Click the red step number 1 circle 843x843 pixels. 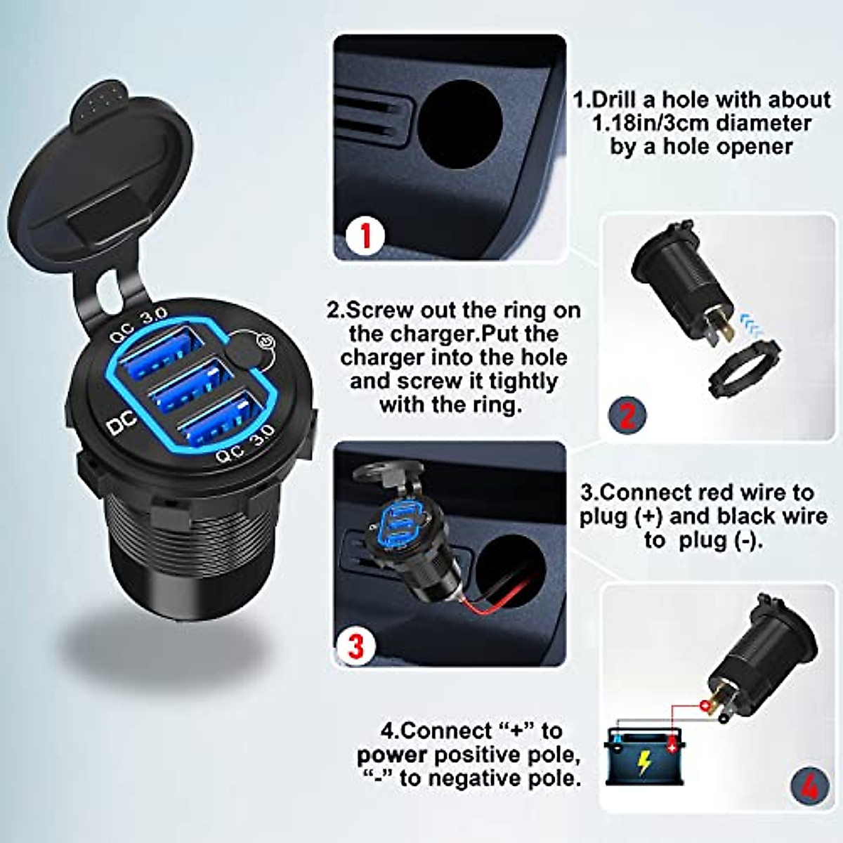point(365,236)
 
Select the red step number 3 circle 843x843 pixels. point(357,645)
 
